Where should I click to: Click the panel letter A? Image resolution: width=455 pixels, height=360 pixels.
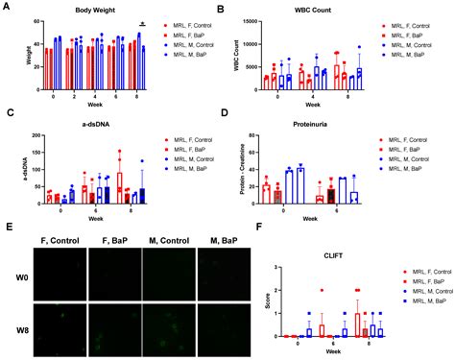coord(7,8)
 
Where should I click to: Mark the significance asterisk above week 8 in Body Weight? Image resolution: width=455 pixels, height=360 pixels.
coord(142,24)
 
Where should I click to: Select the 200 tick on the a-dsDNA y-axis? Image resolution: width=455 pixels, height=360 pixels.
coord(29,130)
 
